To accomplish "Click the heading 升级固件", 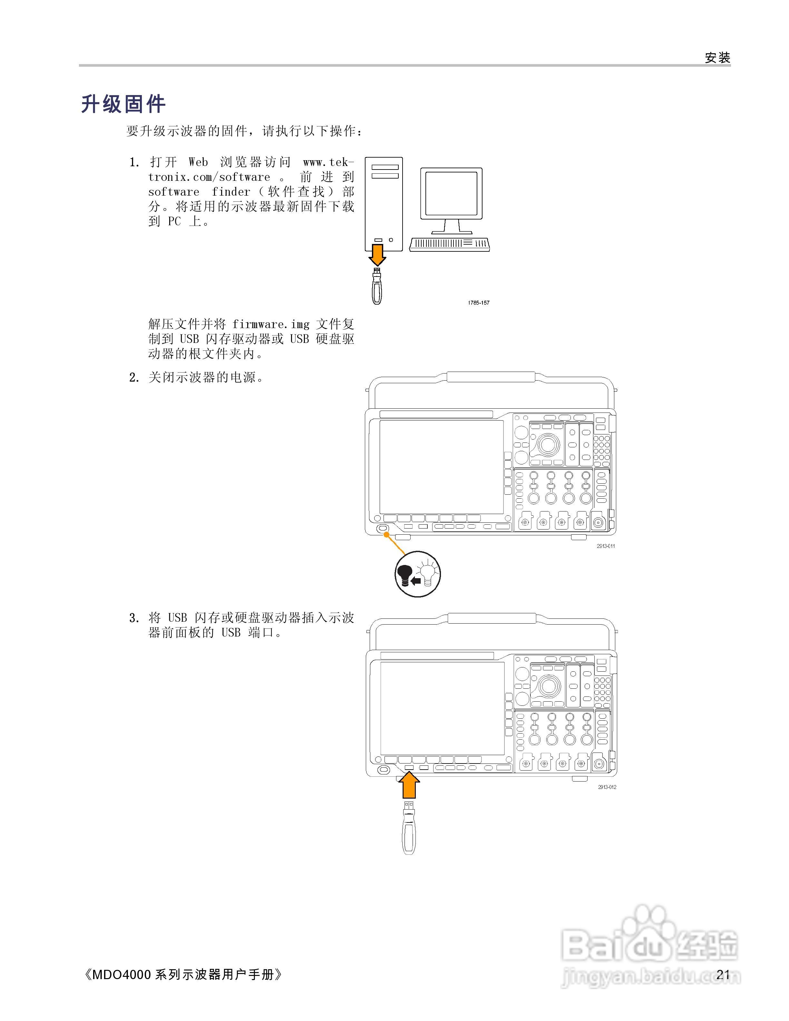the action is pos(123,104).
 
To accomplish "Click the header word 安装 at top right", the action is pos(717,58).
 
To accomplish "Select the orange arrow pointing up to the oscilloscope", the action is pos(409,785).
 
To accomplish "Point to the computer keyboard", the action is pos(449,244).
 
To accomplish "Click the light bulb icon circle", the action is pos(417,574).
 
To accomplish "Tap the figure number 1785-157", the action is pos(478,303).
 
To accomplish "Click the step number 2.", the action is pos(134,378).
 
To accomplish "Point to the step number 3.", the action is pos(134,618).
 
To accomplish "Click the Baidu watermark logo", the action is pos(650,949).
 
